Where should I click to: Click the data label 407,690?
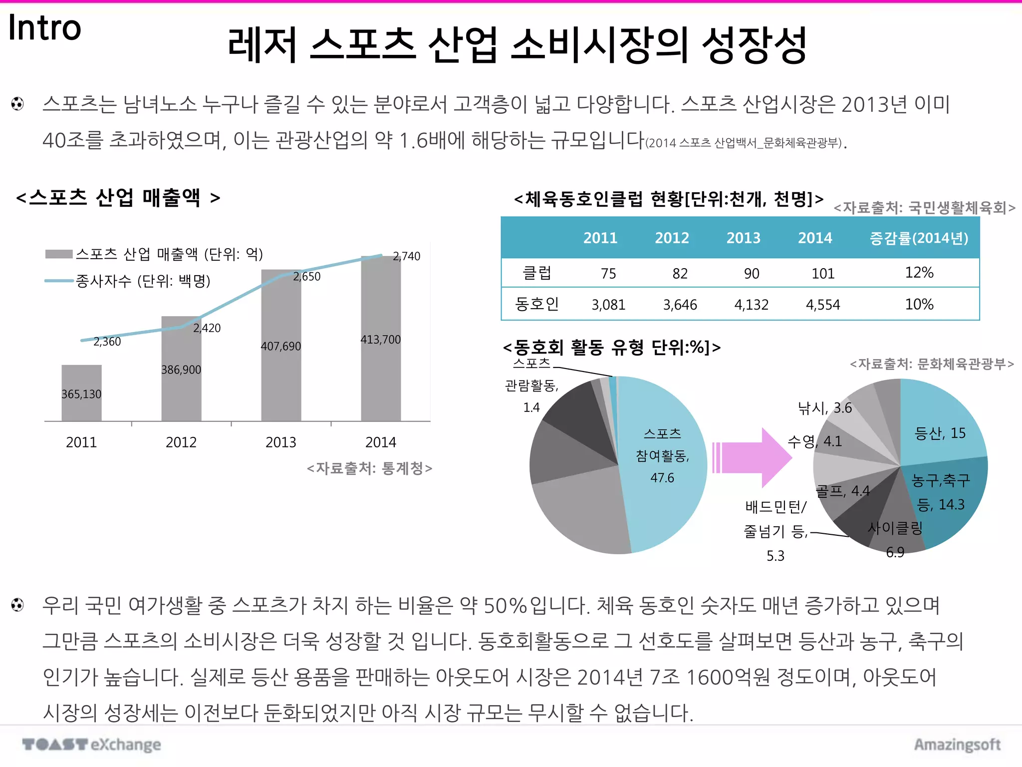coord(281,346)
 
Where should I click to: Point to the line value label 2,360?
coord(107,342)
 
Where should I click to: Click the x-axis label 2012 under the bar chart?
coord(181,442)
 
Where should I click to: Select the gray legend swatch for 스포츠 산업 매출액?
coord(59,254)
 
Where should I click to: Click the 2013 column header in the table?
coord(743,238)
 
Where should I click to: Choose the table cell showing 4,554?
coord(823,305)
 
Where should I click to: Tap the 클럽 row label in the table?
coord(536,273)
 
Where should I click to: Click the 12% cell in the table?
coord(919,273)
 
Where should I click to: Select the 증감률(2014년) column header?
coord(919,238)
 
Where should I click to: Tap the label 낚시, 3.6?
coord(825,408)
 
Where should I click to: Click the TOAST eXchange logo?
coord(92,745)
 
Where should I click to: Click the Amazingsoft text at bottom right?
coord(957,745)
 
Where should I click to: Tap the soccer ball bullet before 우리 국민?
coord(17,605)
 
